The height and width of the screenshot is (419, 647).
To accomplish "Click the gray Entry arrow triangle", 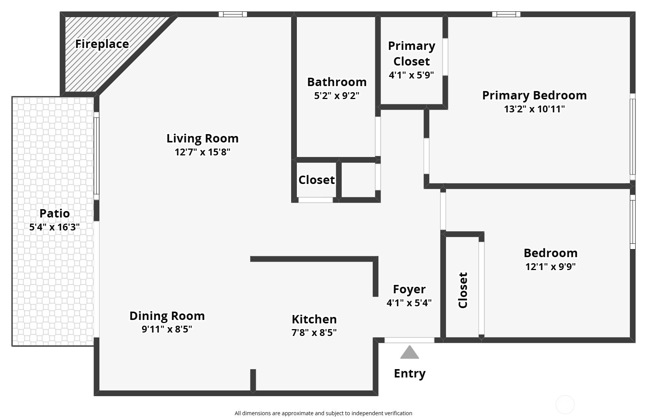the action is pos(409,352).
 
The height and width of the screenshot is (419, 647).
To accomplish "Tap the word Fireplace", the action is pos(102,44).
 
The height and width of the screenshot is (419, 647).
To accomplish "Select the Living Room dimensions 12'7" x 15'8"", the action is pos(202,152).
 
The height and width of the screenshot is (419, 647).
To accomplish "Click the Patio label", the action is pos(54,213).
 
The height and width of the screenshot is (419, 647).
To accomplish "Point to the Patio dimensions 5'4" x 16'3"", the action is pos(54,227).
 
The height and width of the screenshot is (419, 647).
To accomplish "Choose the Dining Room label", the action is pos(167,316).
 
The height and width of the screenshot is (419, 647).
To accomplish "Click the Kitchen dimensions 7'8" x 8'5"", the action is pos(314,333).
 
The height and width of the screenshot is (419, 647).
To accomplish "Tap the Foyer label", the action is pos(409,289).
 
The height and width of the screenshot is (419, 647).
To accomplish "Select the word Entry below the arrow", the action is pos(410,374).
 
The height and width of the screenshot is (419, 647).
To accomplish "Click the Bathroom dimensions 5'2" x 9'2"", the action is pos(337,96).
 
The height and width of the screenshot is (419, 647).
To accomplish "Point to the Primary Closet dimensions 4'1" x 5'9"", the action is pos(411,75).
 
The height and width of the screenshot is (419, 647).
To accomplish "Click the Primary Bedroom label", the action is pos(534,96).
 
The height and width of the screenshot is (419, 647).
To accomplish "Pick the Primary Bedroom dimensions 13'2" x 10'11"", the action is pos(534,109).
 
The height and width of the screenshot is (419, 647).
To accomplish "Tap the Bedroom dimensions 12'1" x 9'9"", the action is pos(551,266).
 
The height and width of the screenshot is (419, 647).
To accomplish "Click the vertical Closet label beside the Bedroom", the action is pos(463,290).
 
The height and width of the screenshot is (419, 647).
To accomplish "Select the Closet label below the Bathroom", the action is pos(317,180).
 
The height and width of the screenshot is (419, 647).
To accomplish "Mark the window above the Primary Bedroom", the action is pos(506,14).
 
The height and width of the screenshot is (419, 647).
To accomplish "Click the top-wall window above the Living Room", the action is pos(233,14).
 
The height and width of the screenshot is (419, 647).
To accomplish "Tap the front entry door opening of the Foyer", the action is pos(409,341).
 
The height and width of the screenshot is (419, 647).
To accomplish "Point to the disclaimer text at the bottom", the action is pos(323,413).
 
